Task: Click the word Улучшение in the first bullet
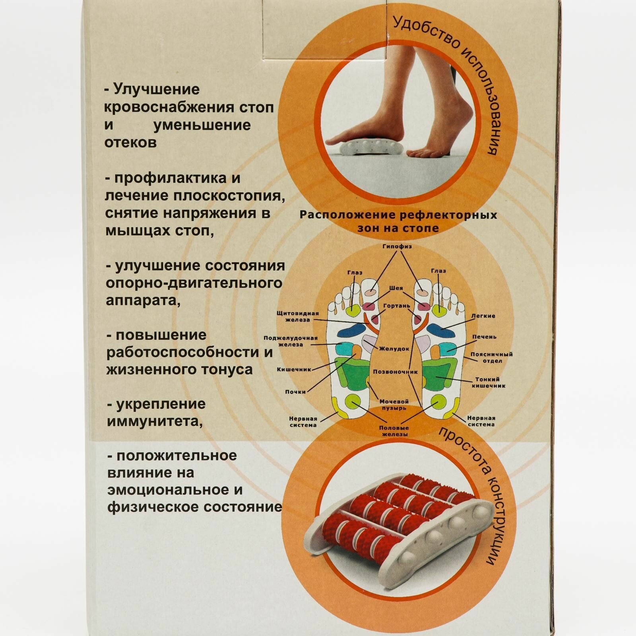coord(157,90)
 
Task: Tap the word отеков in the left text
coord(130,143)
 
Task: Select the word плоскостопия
coord(228,196)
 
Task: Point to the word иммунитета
coord(154,421)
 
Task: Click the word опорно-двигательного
coord(194,283)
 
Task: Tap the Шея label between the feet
coord(396,288)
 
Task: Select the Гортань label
coord(396,306)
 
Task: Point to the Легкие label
coord(483,316)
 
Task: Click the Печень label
coord(484,337)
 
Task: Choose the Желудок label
coord(394,349)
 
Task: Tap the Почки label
coord(295,392)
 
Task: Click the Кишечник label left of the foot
coord(294,369)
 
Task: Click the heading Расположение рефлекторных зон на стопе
coord(398,221)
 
